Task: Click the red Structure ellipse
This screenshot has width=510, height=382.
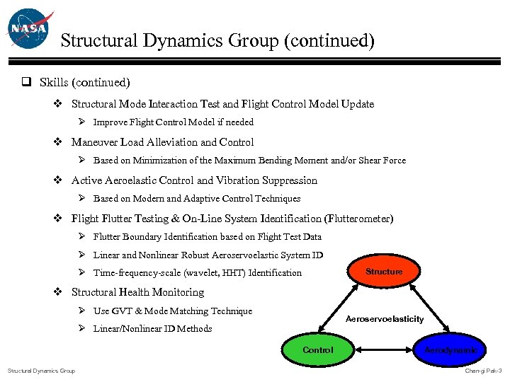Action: tap(384, 272)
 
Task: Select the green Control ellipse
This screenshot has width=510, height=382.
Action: tap(317, 350)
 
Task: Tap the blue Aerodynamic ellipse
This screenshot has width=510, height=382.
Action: tap(450, 350)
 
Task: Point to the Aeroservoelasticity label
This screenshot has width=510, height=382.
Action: tap(384, 319)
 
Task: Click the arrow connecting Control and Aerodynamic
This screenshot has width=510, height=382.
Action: tap(384, 350)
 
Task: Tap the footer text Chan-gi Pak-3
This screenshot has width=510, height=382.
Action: tap(483, 371)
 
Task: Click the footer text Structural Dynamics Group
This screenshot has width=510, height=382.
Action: tap(41, 371)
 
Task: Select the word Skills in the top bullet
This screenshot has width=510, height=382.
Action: tap(55, 83)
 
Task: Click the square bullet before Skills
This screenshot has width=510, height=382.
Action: tap(25, 83)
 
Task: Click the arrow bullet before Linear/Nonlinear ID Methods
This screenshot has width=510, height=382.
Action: tap(82, 328)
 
